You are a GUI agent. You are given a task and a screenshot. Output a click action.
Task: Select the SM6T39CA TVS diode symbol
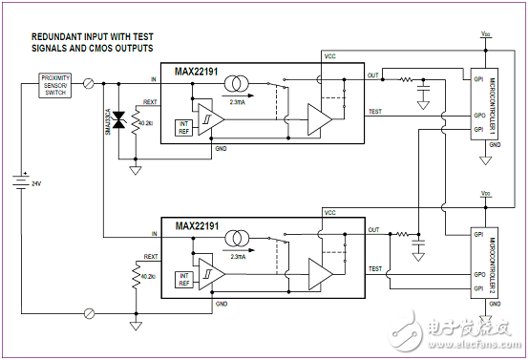(119, 119)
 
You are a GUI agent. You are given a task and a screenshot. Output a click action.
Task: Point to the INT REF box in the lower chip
(185, 278)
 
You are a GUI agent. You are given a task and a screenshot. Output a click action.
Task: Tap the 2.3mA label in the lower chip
(238, 256)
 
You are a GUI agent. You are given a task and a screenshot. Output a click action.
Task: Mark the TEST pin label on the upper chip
(375, 112)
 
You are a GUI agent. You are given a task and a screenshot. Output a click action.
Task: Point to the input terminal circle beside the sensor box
(90, 84)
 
